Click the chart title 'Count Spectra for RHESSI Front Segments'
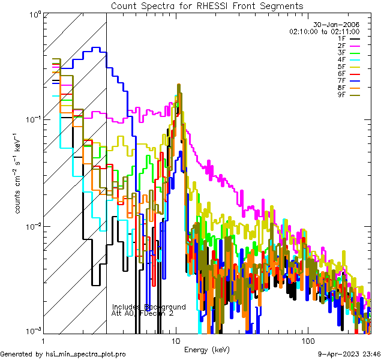coord(207,5)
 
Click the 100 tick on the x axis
coord(307,340)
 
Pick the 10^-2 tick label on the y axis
coord(31,226)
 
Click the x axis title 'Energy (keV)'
coord(206,349)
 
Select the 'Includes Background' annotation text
coord(149,307)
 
